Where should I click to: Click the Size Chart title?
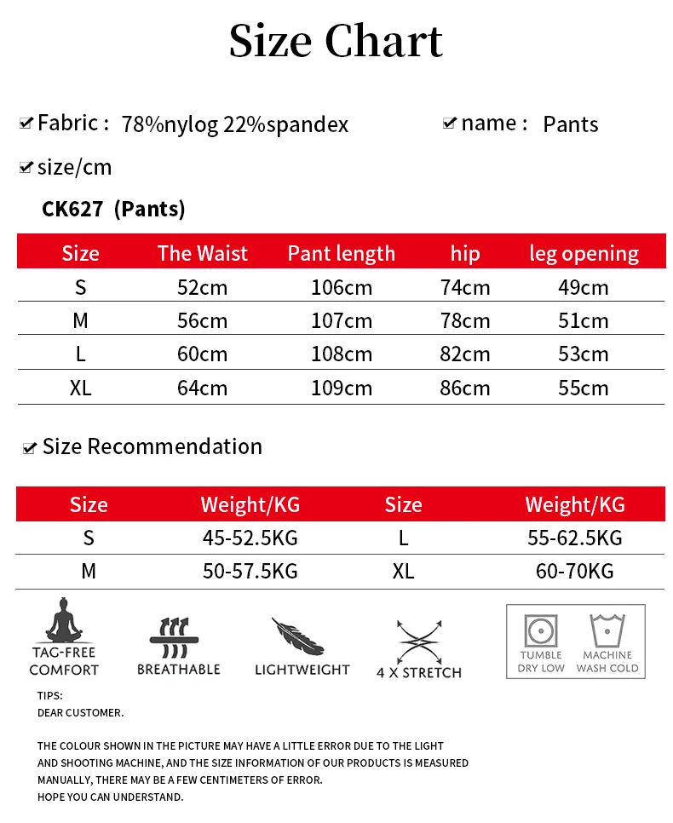click(336, 41)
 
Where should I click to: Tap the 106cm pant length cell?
click(342, 287)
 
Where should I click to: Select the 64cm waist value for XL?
click(202, 388)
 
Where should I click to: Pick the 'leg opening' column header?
click(584, 253)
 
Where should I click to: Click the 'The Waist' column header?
click(203, 253)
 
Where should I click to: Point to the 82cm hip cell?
click(465, 354)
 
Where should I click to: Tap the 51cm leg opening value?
click(584, 321)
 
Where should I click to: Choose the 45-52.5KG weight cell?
click(250, 538)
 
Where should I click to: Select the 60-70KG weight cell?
click(574, 572)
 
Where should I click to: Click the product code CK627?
click(72, 209)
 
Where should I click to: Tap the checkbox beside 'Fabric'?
click(26, 124)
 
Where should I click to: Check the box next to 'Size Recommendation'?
click(30, 447)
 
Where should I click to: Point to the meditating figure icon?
click(63, 621)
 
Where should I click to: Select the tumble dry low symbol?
click(541, 632)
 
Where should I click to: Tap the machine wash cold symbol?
click(607, 632)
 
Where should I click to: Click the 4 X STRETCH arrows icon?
click(418, 641)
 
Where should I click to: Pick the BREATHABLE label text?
click(179, 670)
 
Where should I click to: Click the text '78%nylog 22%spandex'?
click(235, 124)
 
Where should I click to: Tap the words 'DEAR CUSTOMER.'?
click(81, 712)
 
